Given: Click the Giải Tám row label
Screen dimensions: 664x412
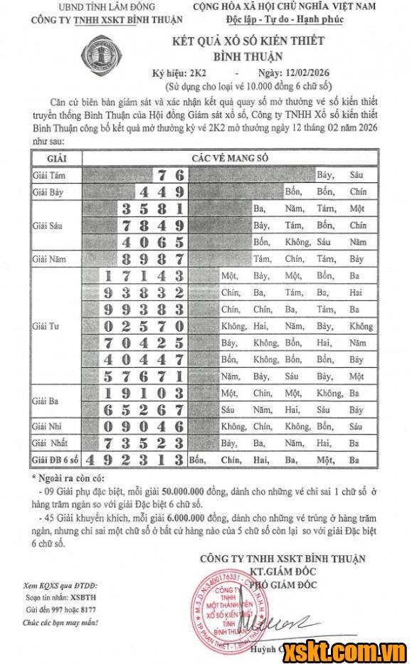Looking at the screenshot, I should [x=48, y=174].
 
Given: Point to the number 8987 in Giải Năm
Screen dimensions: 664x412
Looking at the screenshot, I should [x=154, y=259].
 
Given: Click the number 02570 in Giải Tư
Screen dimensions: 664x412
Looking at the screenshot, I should [x=144, y=327].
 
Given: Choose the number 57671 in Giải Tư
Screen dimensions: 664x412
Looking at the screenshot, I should [x=144, y=376].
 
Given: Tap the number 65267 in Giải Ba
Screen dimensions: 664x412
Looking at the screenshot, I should [x=144, y=410].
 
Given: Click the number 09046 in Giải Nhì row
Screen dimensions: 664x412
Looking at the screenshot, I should [x=144, y=427].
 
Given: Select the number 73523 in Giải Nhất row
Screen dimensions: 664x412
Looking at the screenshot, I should [x=144, y=443].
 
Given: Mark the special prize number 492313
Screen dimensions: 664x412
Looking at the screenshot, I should [x=135, y=460].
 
